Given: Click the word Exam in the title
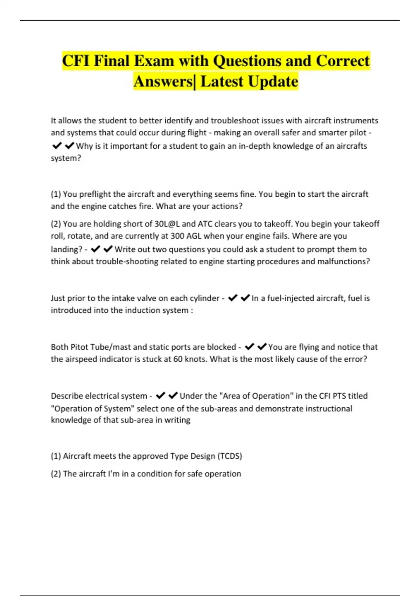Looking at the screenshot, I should coord(154,61).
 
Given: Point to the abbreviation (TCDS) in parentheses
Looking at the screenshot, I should coord(230,456).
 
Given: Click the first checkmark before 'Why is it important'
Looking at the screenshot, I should coord(57,145).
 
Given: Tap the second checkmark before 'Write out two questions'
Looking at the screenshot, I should coord(108,249).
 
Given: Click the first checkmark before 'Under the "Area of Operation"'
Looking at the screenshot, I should coord(160,396).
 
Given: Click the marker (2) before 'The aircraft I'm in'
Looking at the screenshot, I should coord(56,474).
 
